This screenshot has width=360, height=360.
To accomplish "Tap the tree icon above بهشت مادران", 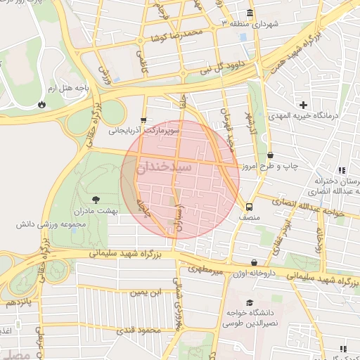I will point(96,200).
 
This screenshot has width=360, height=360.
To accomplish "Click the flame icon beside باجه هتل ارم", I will point(42,103).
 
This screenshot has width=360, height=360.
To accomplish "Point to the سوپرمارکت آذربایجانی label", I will point(145,131).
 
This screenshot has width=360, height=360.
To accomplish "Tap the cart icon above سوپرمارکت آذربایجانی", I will point(144,120).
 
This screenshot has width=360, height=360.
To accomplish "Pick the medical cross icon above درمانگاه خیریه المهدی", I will point(303,104).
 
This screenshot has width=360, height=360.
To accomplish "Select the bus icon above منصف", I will point(249,207).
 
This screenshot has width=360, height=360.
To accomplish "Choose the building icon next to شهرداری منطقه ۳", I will point(250,14).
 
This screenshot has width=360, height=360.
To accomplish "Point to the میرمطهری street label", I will point(205,268).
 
